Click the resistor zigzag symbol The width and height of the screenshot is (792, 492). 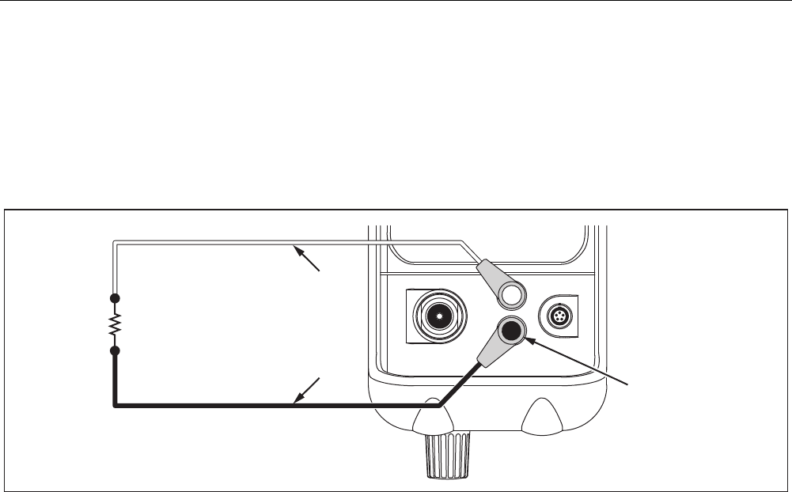(116, 324)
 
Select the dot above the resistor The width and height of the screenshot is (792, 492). (116, 298)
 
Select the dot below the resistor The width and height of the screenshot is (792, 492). (116, 350)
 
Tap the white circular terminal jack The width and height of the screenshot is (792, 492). (513, 296)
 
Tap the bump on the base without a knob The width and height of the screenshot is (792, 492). (540, 416)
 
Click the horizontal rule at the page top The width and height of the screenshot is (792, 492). (396, 2)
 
